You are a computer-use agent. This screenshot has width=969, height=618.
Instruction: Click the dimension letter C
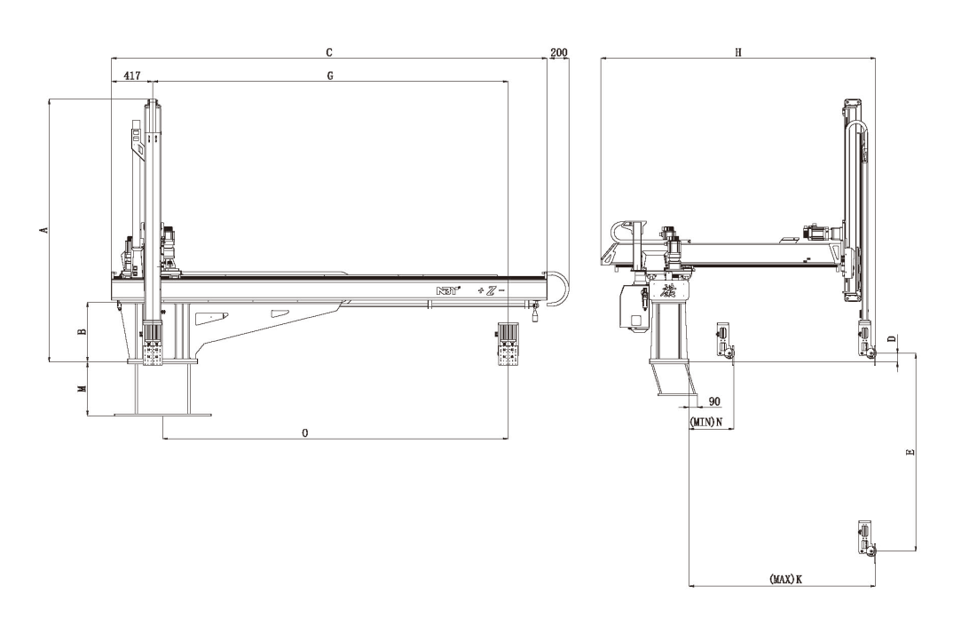pos(329,53)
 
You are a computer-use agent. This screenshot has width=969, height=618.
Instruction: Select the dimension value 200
pos(559,53)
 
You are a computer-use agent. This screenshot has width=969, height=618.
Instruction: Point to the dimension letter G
pos(329,76)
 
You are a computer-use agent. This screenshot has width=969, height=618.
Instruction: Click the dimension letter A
pos(42,230)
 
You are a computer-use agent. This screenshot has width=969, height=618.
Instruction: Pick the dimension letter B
pos(81,331)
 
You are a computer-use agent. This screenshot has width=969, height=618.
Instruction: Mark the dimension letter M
pos(81,389)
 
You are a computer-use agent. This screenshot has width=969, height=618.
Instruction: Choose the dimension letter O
pos(305,433)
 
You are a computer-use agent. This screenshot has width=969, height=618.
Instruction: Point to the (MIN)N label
pos(706,420)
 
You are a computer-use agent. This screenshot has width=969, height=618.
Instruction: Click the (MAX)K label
pos(785,578)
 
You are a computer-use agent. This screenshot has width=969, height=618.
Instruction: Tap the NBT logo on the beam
pos(445,291)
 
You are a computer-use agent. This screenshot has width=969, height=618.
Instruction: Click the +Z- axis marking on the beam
pos(490,291)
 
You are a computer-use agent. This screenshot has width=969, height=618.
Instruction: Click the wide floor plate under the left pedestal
pos(162,414)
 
